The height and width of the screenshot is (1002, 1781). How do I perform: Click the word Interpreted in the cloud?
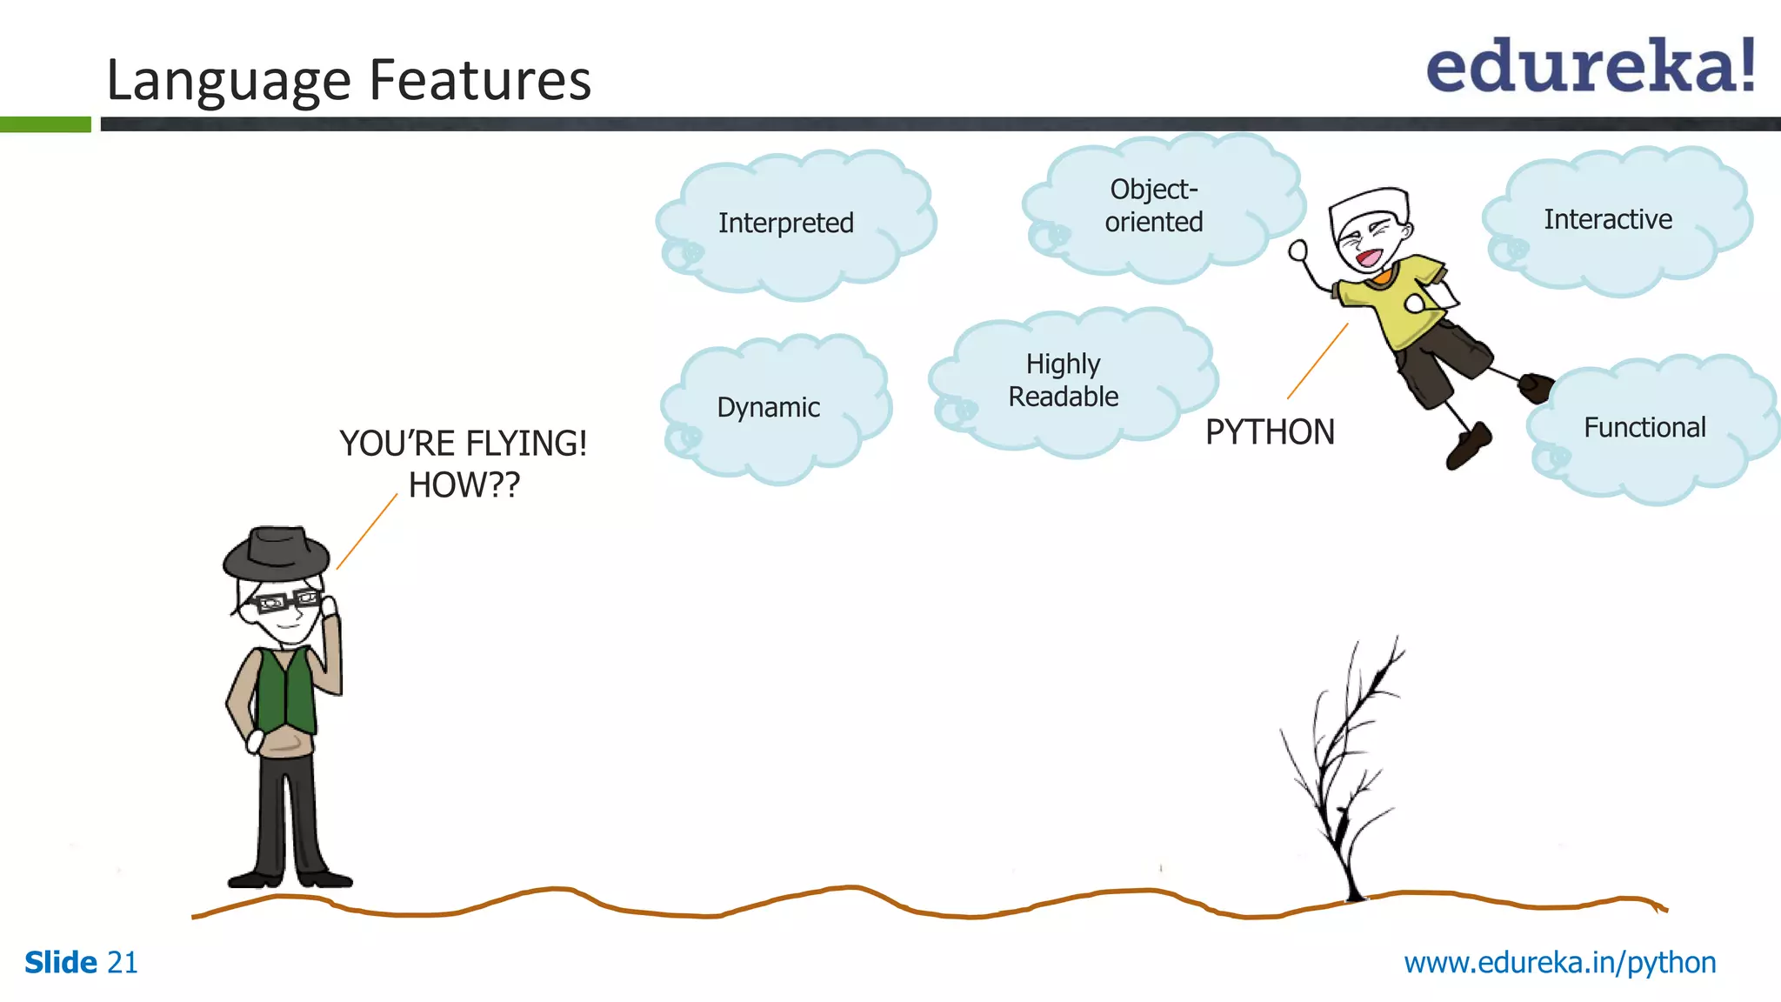785,223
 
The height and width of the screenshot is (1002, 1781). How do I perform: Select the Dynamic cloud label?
768,407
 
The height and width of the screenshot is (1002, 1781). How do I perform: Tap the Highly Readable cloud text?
1063,380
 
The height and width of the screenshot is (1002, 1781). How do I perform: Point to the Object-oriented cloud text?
1154,205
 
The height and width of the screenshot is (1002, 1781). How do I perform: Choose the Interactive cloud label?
1607,219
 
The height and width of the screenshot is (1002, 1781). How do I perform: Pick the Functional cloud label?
1644,427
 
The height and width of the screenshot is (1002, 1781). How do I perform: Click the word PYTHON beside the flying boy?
1269,432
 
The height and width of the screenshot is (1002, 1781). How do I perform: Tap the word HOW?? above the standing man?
464,485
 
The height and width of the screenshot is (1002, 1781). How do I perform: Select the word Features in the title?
480,80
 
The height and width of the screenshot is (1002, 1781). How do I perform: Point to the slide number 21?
122,963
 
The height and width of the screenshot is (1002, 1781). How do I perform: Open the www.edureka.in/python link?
1559,963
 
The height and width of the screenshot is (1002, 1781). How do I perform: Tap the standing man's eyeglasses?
283,601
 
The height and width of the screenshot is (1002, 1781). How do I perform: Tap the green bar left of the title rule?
45,124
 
